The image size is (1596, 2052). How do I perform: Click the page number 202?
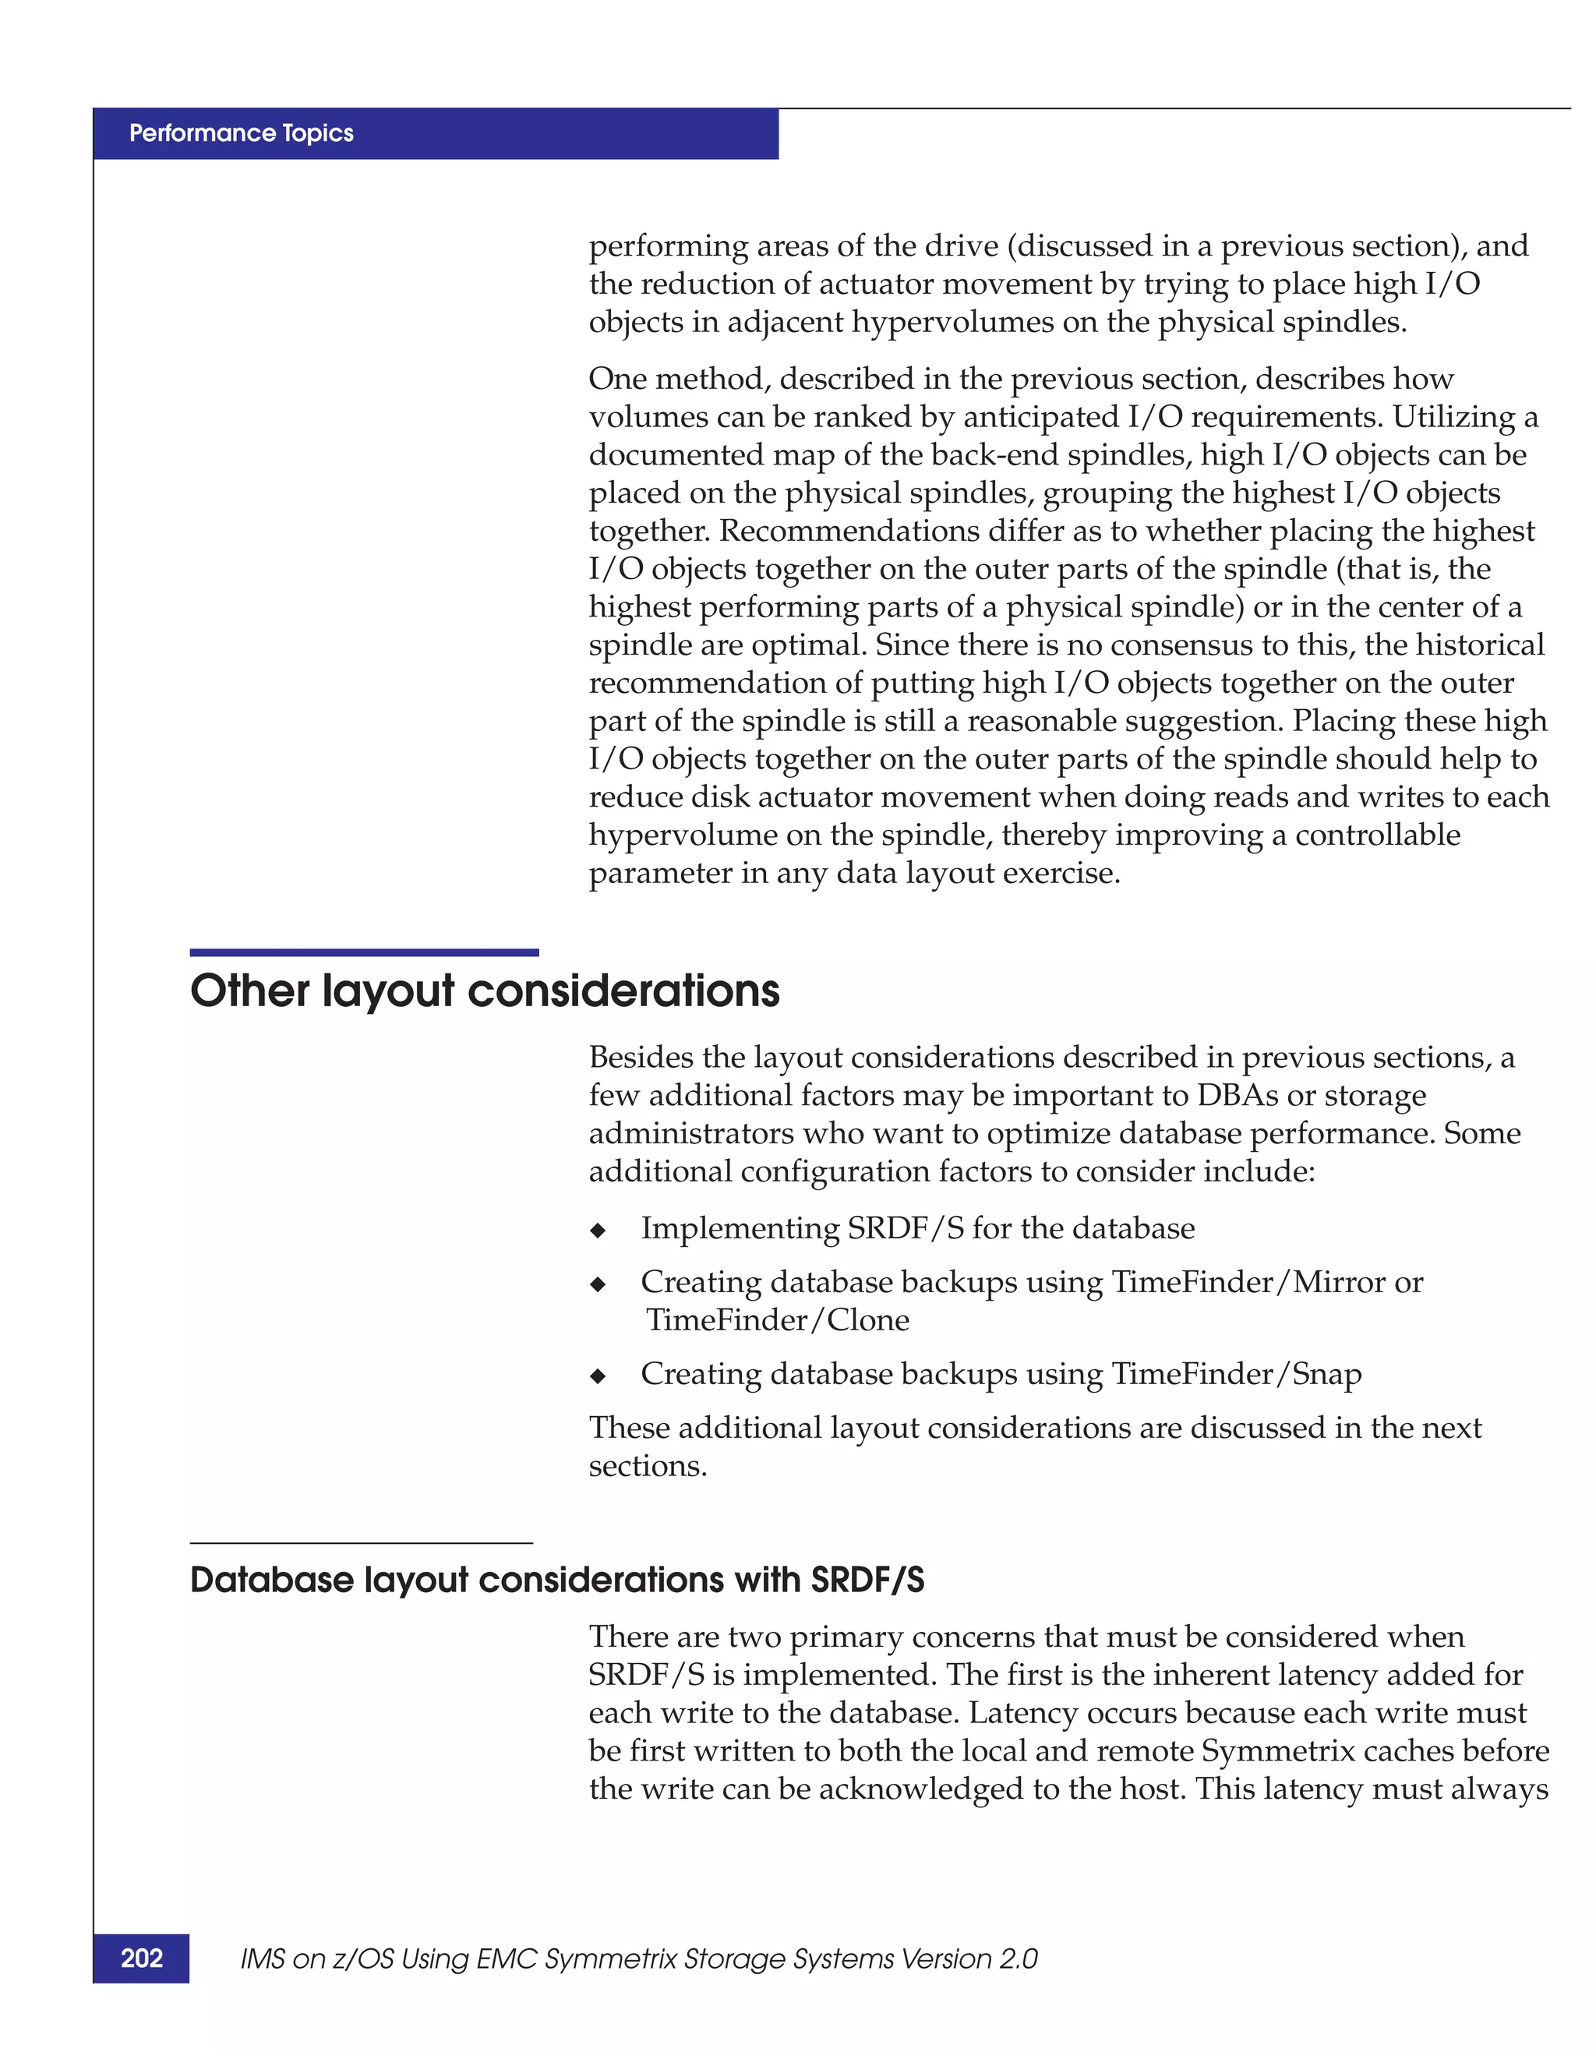tap(142, 1958)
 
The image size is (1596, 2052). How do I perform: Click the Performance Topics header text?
tap(242, 133)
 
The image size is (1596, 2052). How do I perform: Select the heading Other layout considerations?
tap(485, 991)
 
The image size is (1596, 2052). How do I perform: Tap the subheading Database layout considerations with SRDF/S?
tap(557, 1580)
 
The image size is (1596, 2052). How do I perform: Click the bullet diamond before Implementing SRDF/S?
tap(598, 1231)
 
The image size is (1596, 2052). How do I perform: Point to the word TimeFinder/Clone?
tap(778, 1320)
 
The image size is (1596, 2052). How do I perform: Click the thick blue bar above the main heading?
tap(365, 952)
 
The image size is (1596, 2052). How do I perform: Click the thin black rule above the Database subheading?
tap(361, 1543)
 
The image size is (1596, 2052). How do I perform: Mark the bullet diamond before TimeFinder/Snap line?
tap(598, 1376)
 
